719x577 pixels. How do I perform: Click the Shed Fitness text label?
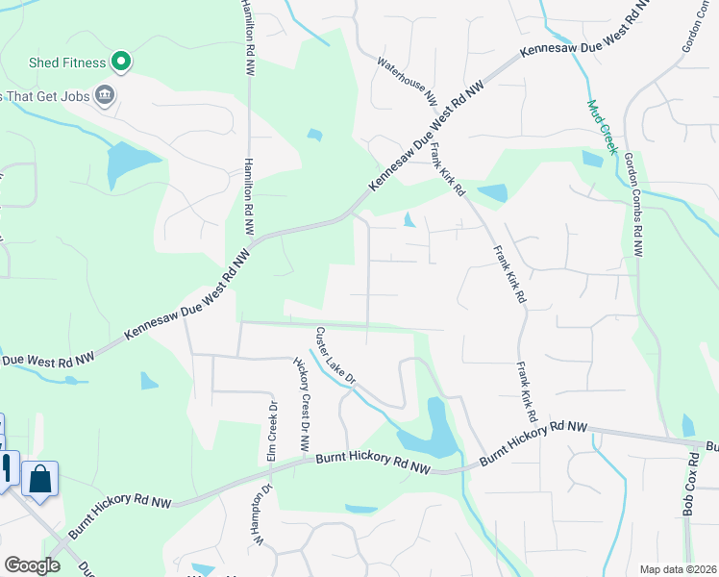[67, 63]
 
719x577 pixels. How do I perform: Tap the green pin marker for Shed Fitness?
[121, 63]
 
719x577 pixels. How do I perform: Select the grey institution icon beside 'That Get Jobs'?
[105, 94]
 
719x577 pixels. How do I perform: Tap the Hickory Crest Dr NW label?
[302, 404]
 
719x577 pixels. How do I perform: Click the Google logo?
[32, 565]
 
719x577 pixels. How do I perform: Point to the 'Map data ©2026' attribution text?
[677, 569]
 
